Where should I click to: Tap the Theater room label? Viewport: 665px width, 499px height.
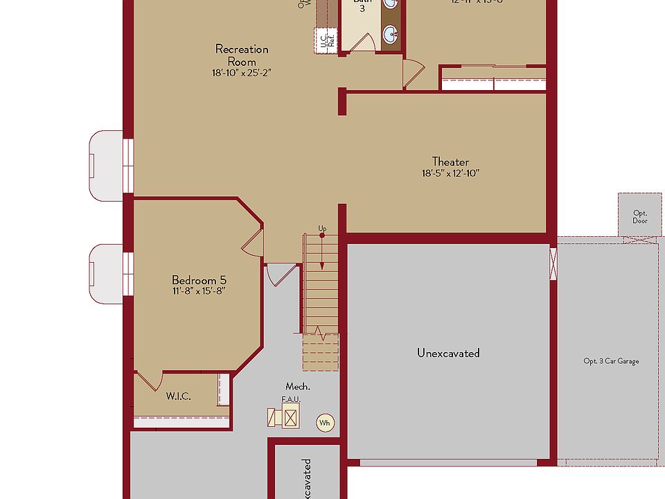(450, 161)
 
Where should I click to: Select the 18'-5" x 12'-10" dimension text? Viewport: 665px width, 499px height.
(450, 173)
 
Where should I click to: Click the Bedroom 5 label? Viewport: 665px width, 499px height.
(199, 279)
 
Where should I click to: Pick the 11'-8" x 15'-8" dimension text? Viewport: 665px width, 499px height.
(199, 291)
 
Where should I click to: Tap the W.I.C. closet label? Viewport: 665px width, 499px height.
(178, 396)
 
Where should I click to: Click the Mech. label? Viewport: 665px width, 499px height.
(297, 386)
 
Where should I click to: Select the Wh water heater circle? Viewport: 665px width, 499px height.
(324, 422)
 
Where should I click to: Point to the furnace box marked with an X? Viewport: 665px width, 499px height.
(290, 418)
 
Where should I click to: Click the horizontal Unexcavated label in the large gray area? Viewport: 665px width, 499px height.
(448, 353)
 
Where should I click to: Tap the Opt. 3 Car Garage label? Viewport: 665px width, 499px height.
(611, 361)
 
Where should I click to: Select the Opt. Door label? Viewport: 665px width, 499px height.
(640, 217)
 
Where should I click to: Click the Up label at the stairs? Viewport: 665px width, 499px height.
(322, 228)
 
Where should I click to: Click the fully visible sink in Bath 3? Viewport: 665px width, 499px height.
(391, 33)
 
